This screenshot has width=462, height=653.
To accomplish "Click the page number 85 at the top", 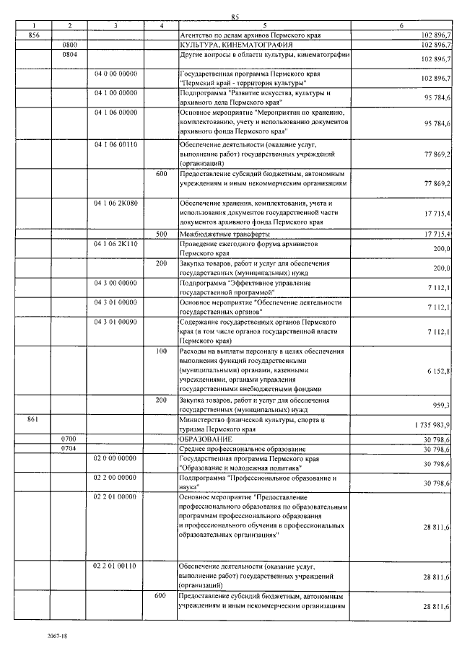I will point(235,17).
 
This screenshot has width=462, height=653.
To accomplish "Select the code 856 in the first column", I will point(32,35).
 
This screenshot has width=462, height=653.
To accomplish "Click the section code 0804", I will point(70,53).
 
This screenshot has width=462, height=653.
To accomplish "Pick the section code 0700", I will point(70,439).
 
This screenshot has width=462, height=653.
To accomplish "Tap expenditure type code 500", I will point(162,235).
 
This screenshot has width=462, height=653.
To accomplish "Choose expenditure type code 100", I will point(162,351).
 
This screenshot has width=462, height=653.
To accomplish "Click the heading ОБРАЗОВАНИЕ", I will point(206,439).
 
